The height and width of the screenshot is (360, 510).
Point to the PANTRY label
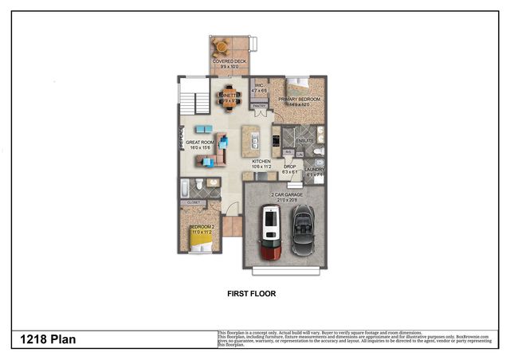click(x=261, y=104)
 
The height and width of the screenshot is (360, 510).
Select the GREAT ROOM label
click(x=199, y=144)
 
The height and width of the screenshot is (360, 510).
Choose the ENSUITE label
click(x=305, y=141)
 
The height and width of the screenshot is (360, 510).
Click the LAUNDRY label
click(x=313, y=169)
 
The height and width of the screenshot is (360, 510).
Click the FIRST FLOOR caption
click(x=251, y=294)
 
